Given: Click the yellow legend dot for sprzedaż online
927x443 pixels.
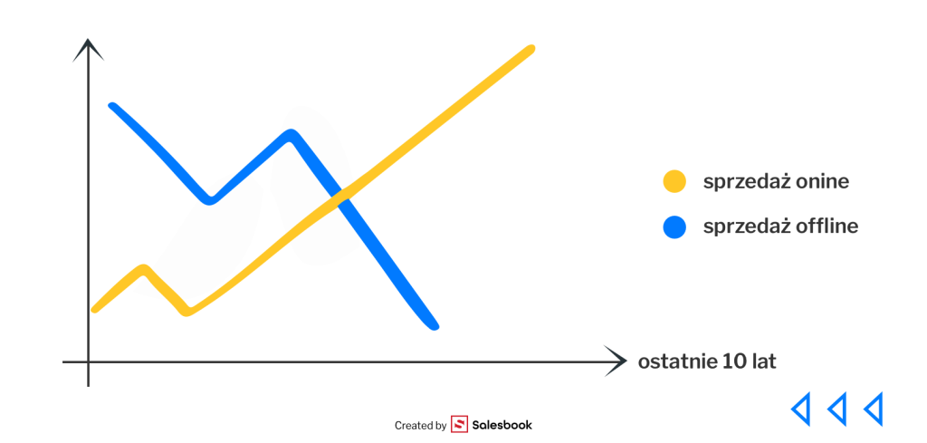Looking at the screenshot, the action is point(674,181).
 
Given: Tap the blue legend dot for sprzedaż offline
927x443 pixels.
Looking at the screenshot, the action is point(674,227).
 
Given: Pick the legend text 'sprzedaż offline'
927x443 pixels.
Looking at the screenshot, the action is point(780,226).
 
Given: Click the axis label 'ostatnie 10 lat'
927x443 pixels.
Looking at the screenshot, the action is point(707,361).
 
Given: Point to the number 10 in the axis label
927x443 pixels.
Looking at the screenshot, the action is point(732,361).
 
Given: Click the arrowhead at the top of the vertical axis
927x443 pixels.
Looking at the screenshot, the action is point(88,50).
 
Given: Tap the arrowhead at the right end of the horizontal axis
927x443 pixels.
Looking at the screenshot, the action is point(616,361).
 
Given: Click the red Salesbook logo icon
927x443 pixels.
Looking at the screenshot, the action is point(459,424).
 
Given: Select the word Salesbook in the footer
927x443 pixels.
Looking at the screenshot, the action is point(502,425).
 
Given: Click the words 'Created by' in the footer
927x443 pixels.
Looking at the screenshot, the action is point(420,425).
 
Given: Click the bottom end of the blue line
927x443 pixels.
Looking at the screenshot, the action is point(435,326).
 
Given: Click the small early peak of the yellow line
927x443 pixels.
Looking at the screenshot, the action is point(144,269).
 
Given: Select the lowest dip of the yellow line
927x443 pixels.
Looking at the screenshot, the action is point(186,311).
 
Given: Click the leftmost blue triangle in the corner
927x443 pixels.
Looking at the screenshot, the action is point(800,408).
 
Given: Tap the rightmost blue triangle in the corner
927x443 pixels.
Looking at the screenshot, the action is point(874,408).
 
